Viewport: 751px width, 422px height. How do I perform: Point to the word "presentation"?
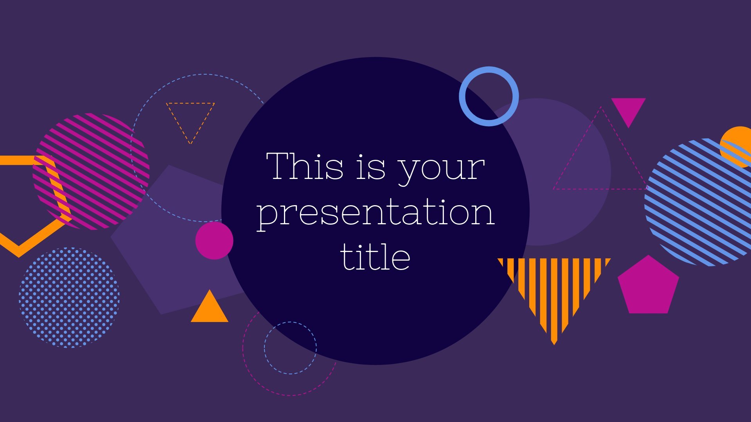click(375, 213)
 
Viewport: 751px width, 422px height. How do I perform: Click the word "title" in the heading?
click(375, 256)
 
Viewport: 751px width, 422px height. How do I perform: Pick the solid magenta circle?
click(214, 241)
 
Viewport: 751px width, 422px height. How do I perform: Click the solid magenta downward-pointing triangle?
click(628, 109)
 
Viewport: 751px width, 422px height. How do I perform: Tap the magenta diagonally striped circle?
click(91, 171)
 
